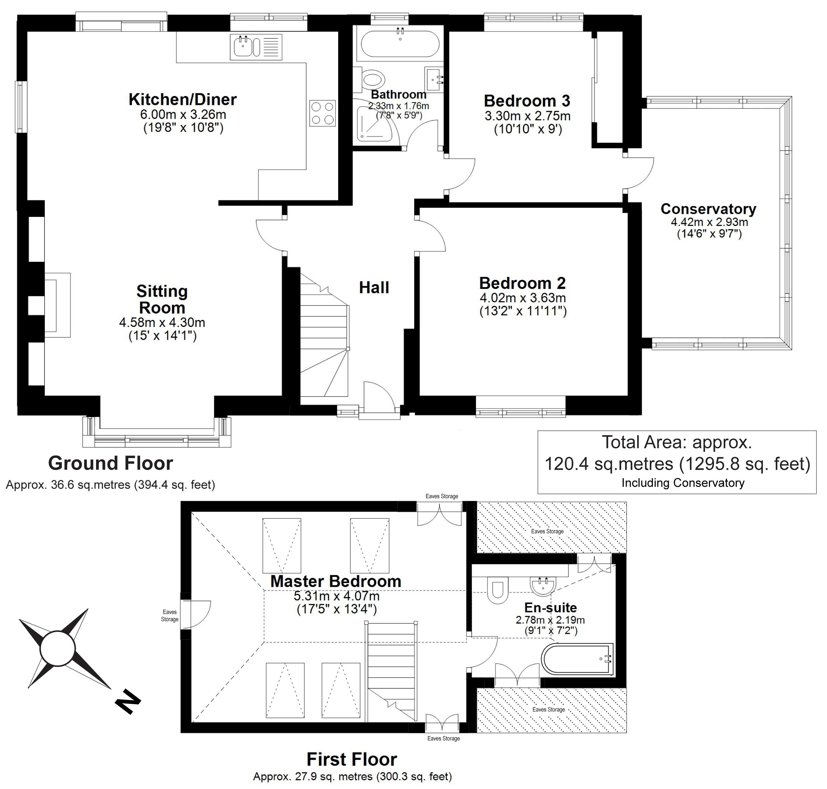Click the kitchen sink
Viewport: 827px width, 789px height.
tap(256, 47)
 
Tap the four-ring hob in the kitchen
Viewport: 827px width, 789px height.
tap(323, 113)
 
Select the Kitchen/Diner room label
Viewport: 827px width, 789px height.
tap(183, 100)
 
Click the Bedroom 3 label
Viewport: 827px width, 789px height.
tap(527, 101)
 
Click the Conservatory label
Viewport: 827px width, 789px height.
tap(708, 209)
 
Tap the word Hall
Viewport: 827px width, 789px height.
tap(374, 288)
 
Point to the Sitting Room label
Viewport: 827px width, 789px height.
tap(162, 299)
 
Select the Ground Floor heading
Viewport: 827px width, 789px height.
tap(111, 463)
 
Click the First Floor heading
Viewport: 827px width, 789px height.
tap(352, 759)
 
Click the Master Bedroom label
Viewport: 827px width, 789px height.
tap(336, 581)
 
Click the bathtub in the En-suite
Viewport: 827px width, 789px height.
tap(577, 659)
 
